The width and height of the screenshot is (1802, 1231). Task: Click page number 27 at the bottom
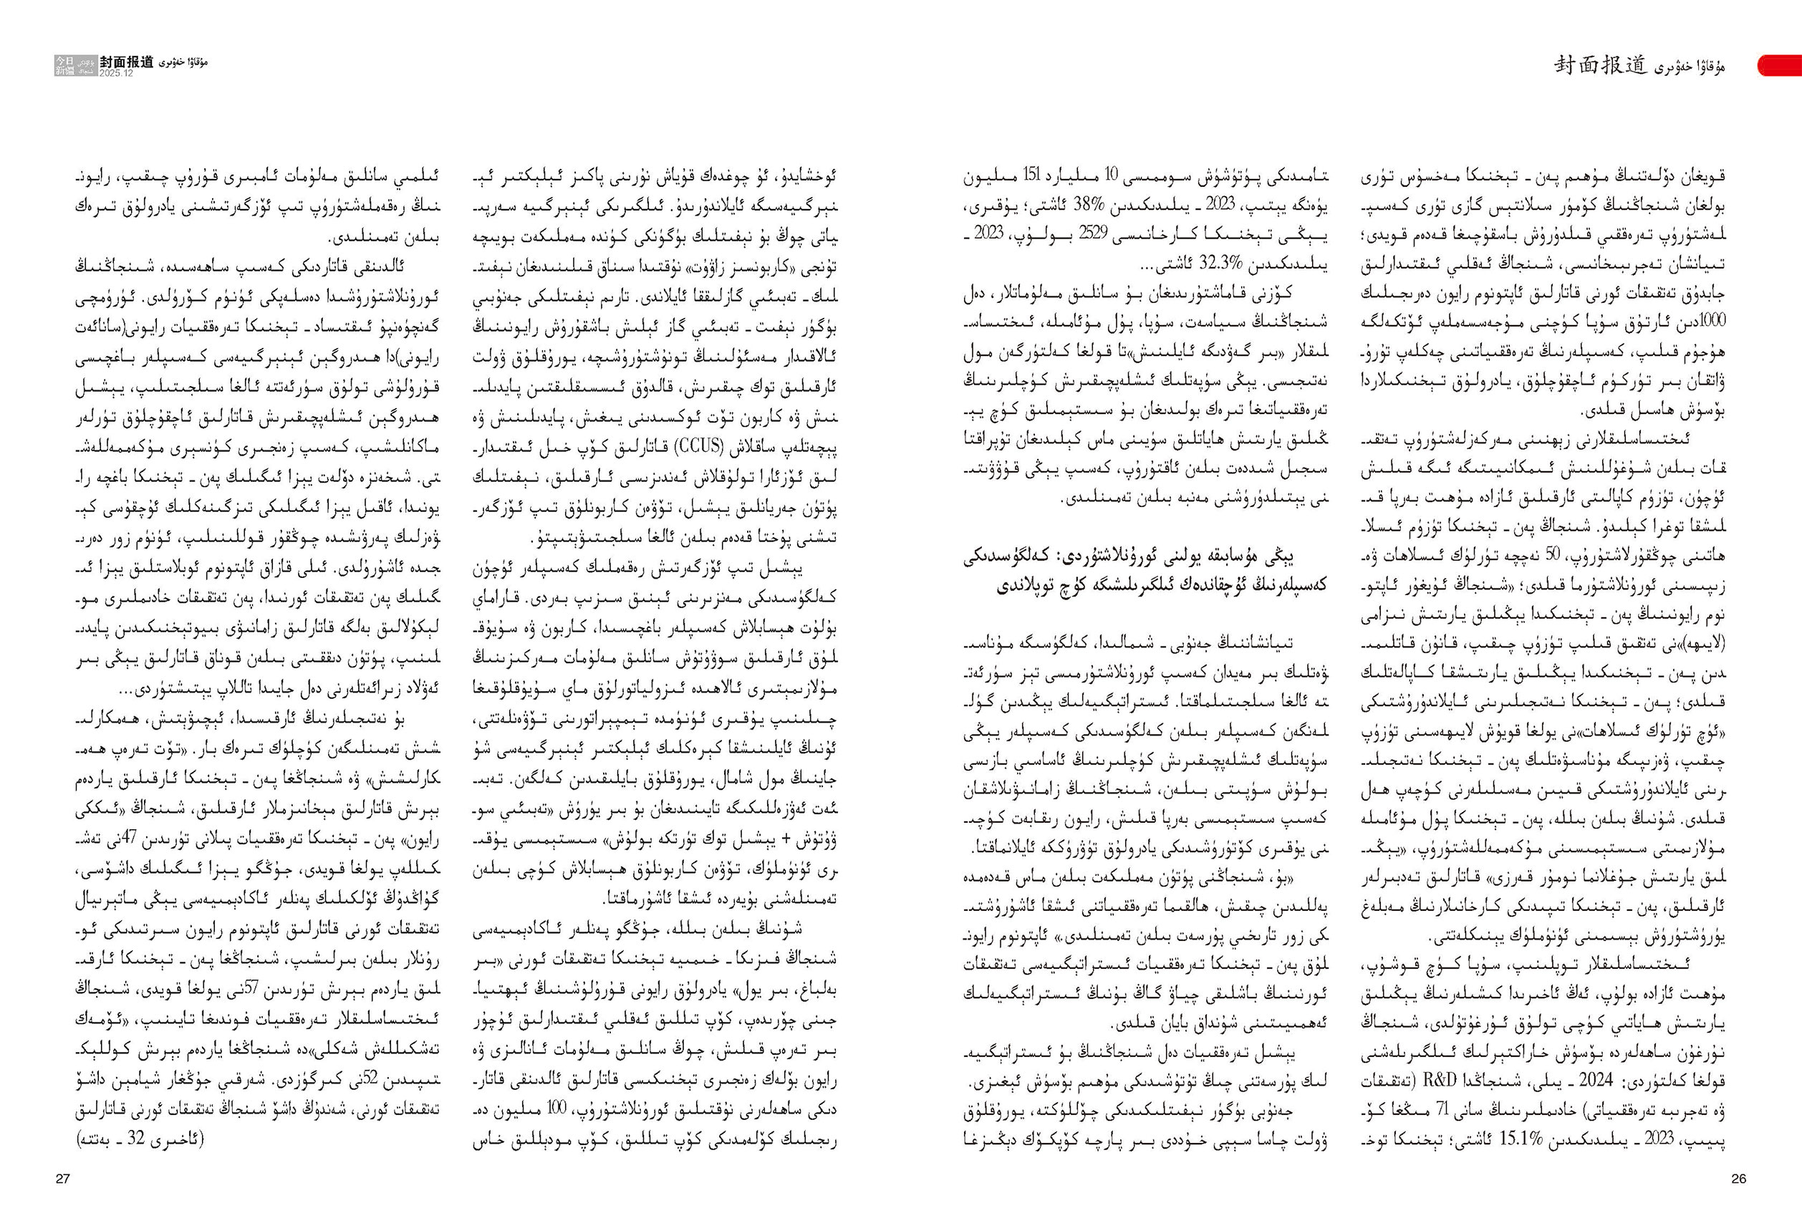coord(63,1179)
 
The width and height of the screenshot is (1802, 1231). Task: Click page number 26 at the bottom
coord(1738,1179)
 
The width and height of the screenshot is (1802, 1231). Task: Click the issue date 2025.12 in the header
coord(116,72)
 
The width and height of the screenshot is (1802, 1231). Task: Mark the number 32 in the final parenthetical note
coord(142,1139)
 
